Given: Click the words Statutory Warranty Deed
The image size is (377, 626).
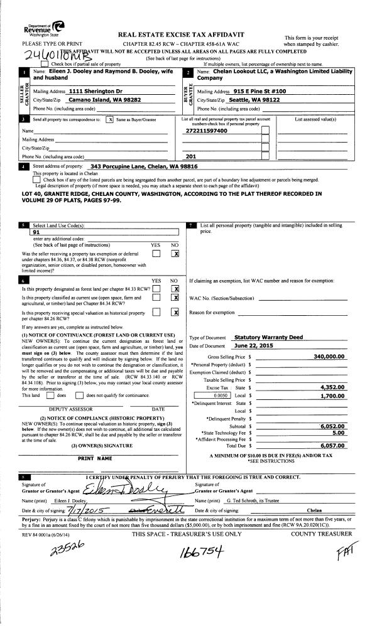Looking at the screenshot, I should point(264,337).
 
